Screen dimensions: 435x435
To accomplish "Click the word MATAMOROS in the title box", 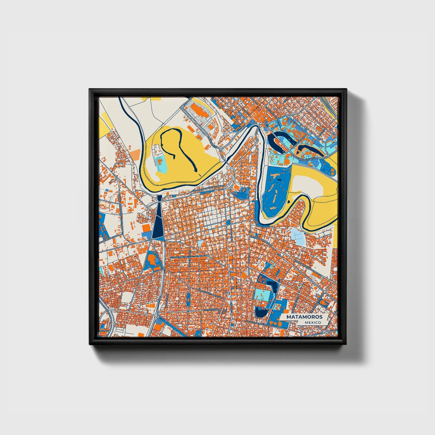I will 304,317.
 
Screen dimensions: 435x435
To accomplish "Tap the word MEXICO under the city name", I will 312,322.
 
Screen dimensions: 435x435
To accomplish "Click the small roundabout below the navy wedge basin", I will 150,240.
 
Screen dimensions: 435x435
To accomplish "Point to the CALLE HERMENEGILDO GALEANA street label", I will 208,190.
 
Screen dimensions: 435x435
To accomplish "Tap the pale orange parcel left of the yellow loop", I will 135,154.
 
